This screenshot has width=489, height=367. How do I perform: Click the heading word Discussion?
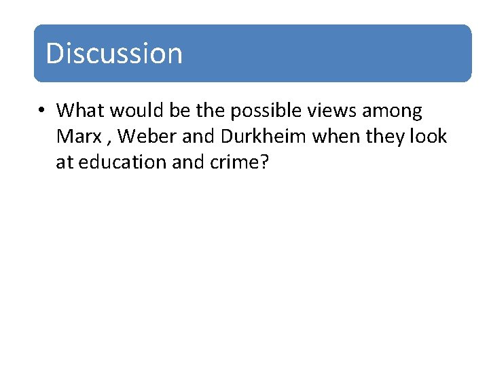pyautogui.click(x=114, y=54)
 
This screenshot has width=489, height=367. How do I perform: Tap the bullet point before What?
pyautogui.click(x=42, y=111)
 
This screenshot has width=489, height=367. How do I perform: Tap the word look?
pyautogui.click(x=429, y=136)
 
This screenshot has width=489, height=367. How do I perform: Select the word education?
pyautogui.click(x=121, y=162)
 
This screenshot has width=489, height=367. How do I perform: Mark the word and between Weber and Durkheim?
pyautogui.click(x=198, y=136)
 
